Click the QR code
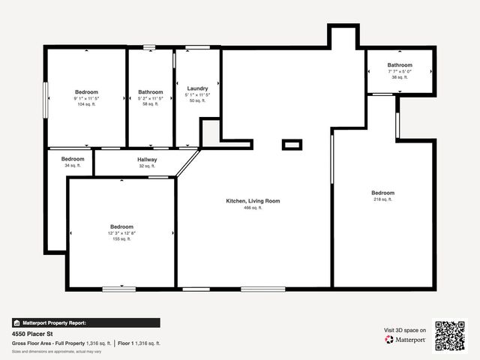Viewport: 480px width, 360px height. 450,335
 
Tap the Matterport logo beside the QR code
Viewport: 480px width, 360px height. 406,340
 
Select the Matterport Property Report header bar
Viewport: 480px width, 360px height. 85,322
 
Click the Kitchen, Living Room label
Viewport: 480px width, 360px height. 253,201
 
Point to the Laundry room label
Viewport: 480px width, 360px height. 197,88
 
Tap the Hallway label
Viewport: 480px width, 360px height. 147,160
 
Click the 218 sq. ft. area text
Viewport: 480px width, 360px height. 382,199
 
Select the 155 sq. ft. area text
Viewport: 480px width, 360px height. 121,239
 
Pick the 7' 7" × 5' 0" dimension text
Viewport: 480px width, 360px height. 399,71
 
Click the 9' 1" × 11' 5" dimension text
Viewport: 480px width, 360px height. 86,98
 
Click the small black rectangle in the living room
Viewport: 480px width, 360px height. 292,145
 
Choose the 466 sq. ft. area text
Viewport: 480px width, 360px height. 253,208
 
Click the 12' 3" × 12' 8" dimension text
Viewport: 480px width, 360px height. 121,233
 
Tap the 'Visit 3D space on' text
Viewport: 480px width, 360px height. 405,330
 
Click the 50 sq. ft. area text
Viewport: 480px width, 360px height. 197,100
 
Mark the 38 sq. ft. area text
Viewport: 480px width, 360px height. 399,77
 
